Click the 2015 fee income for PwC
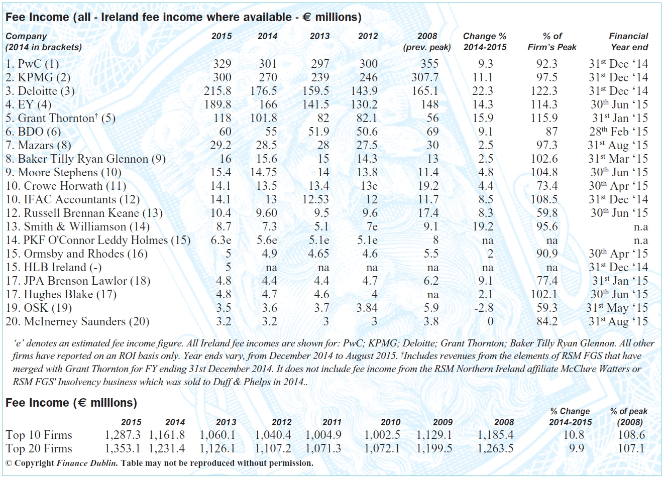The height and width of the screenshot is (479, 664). click(222, 64)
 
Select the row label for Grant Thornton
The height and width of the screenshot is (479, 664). click(60, 118)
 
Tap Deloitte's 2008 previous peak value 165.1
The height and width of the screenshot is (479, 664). click(425, 91)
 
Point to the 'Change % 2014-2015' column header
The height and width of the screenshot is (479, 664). click(485, 42)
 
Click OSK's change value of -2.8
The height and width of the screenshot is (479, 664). click(484, 308)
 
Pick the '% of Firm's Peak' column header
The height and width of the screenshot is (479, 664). click(552, 42)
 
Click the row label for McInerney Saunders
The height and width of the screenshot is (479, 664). click(77, 321)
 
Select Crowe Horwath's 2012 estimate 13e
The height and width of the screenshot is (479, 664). click(369, 186)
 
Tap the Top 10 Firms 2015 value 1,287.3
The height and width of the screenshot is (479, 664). click(123, 435)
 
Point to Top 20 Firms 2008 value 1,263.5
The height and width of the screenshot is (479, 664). click(495, 448)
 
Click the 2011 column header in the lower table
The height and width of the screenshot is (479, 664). click(331, 422)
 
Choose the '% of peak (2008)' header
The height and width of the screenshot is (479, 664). click(629, 416)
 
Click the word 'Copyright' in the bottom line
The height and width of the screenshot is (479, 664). click(34, 463)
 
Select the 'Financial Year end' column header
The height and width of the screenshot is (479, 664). click(629, 42)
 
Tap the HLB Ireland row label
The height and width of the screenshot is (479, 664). click(54, 267)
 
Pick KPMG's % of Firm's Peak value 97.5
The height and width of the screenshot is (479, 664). click(547, 77)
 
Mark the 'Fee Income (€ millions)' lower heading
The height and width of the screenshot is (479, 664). click(71, 403)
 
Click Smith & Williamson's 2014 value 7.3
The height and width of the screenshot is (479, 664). click(269, 226)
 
